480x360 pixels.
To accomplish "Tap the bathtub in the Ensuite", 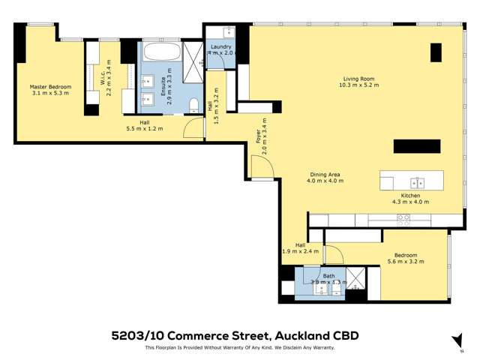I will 160,54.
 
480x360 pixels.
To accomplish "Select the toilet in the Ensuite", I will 193,104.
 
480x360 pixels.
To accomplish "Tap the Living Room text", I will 360,79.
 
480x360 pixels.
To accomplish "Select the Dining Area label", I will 326,175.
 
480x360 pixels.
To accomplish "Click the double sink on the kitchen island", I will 417,181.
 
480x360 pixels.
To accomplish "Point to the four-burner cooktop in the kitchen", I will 403,220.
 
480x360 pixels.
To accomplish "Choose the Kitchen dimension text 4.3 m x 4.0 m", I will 410,202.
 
